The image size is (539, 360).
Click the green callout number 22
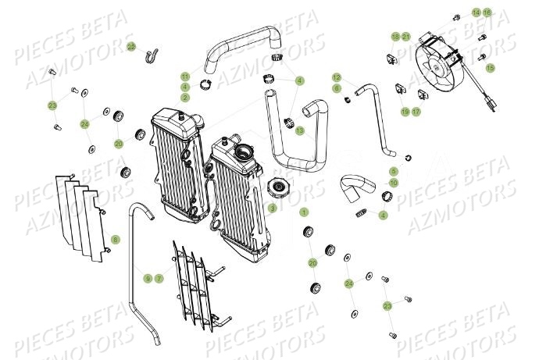pyautogui.click(x=131, y=47)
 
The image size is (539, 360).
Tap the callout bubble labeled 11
pyautogui.click(x=185, y=76)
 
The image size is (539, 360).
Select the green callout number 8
pyautogui.click(x=115, y=239)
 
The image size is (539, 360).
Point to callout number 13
pyautogui.click(x=299, y=130)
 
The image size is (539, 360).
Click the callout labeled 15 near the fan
pyautogui.click(x=491, y=69)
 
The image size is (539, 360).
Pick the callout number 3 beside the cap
pyautogui.click(x=273, y=209)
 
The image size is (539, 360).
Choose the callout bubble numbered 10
pyautogui.click(x=394, y=182)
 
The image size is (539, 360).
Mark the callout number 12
pyautogui.click(x=337, y=77)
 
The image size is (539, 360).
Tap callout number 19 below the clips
pyautogui.click(x=405, y=112)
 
